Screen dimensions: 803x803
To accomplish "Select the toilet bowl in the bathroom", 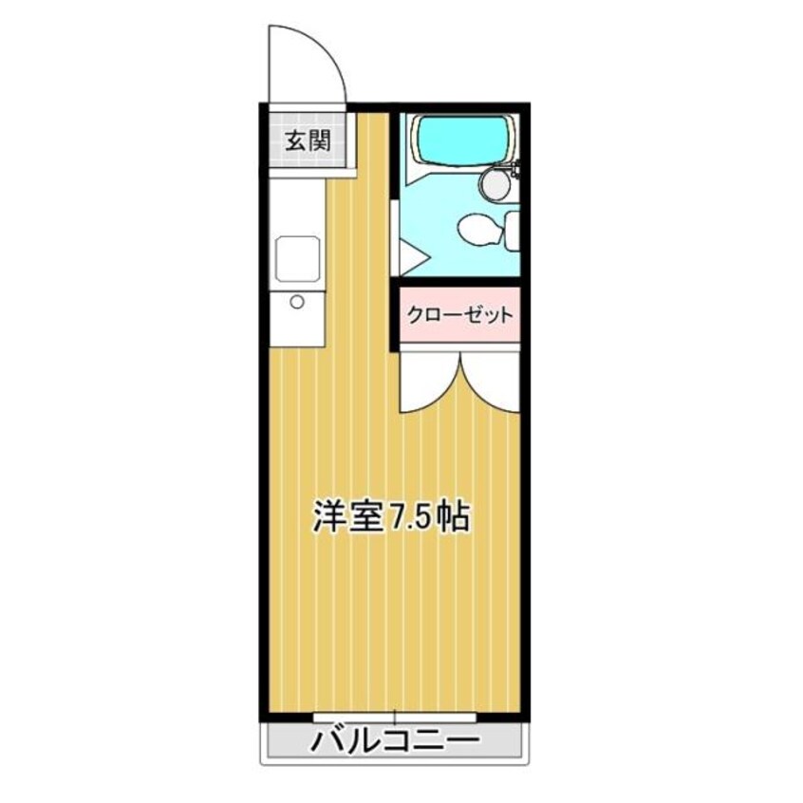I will pos(475,229).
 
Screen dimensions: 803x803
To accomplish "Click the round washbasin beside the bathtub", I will pos(495,184).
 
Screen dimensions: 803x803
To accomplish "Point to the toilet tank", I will pos(513,229).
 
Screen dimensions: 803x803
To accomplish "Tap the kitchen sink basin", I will pos(297,255).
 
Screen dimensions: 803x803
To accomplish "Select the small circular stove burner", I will pos(297,303).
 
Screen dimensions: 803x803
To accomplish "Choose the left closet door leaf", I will pos(427,380).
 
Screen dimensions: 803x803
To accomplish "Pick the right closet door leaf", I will pos(492,380).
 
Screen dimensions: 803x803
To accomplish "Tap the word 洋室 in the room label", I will pos(347,517).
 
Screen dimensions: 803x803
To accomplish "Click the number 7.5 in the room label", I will pos(409,517).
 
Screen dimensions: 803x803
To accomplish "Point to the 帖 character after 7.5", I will pos(454,517).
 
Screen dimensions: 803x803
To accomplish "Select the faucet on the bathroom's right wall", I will pos(514,172).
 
